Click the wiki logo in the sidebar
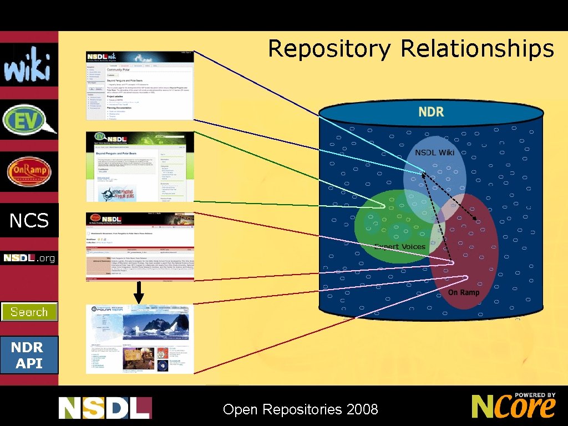click(x=28, y=64)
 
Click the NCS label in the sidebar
click(x=29, y=221)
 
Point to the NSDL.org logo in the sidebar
click(x=29, y=258)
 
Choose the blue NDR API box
click(x=29, y=355)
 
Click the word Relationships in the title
click(x=477, y=49)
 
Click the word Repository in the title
click(x=329, y=49)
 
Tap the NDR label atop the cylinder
click(x=431, y=111)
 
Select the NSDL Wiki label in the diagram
click(x=434, y=152)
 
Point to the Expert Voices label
click(x=400, y=246)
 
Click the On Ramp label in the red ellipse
click(x=464, y=292)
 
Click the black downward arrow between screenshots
click(x=139, y=292)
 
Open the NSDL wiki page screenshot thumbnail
click(x=140, y=85)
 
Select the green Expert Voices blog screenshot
click(x=140, y=166)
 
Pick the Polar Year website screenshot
click(x=140, y=338)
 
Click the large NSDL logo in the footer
click(x=105, y=408)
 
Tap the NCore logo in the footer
click(x=513, y=406)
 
